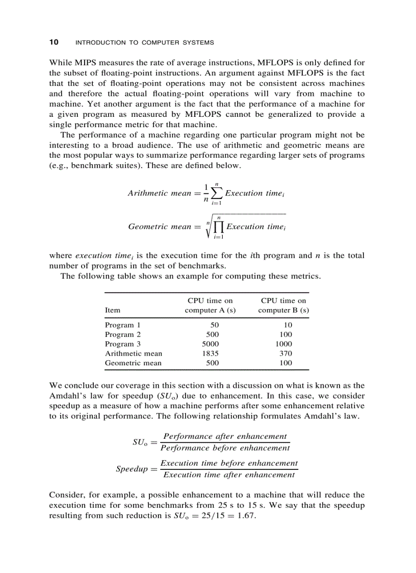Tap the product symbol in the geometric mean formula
(218, 227)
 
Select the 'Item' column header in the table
(112, 310)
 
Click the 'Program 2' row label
(122, 334)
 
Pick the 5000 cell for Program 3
(211, 344)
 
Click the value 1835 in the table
(211, 353)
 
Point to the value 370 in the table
(286, 353)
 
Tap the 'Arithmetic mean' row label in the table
(134, 353)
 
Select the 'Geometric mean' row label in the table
(133, 363)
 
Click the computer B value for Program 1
(288, 325)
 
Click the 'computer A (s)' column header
(210, 310)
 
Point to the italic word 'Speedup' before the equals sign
(132, 469)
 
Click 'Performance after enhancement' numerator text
(225, 436)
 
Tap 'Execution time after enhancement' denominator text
(229, 475)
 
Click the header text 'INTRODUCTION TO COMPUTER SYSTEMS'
(144, 42)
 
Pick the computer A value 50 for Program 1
(215, 325)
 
